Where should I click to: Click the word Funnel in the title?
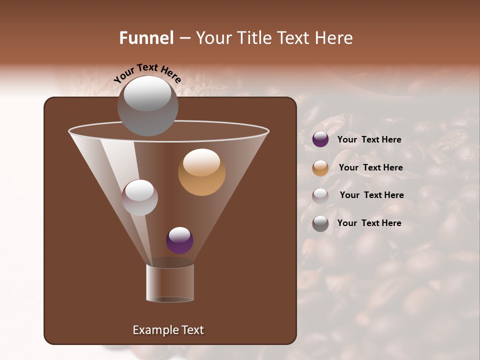tap(146, 38)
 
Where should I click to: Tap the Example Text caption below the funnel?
tap(168, 330)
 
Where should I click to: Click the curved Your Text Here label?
tap(147, 73)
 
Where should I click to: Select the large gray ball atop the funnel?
tap(147, 106)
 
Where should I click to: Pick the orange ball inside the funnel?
tap(201, 172)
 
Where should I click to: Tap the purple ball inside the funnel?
tap(179, 240)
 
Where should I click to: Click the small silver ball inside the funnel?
tap(139, 197)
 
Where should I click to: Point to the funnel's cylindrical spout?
tap(169, 283)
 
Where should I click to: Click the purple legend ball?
tap(320, 139)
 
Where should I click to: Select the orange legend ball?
tap(320, 168)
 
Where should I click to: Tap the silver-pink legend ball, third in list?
tap(320, 196)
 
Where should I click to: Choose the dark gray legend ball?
tap(320, 223)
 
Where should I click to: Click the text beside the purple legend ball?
tap(369, 140)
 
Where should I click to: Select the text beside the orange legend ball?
tap(370, 168)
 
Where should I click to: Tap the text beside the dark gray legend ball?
tap(369, 223)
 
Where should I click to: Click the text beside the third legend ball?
tap(371, 195)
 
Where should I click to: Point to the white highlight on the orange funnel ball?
tap(201, 162)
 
